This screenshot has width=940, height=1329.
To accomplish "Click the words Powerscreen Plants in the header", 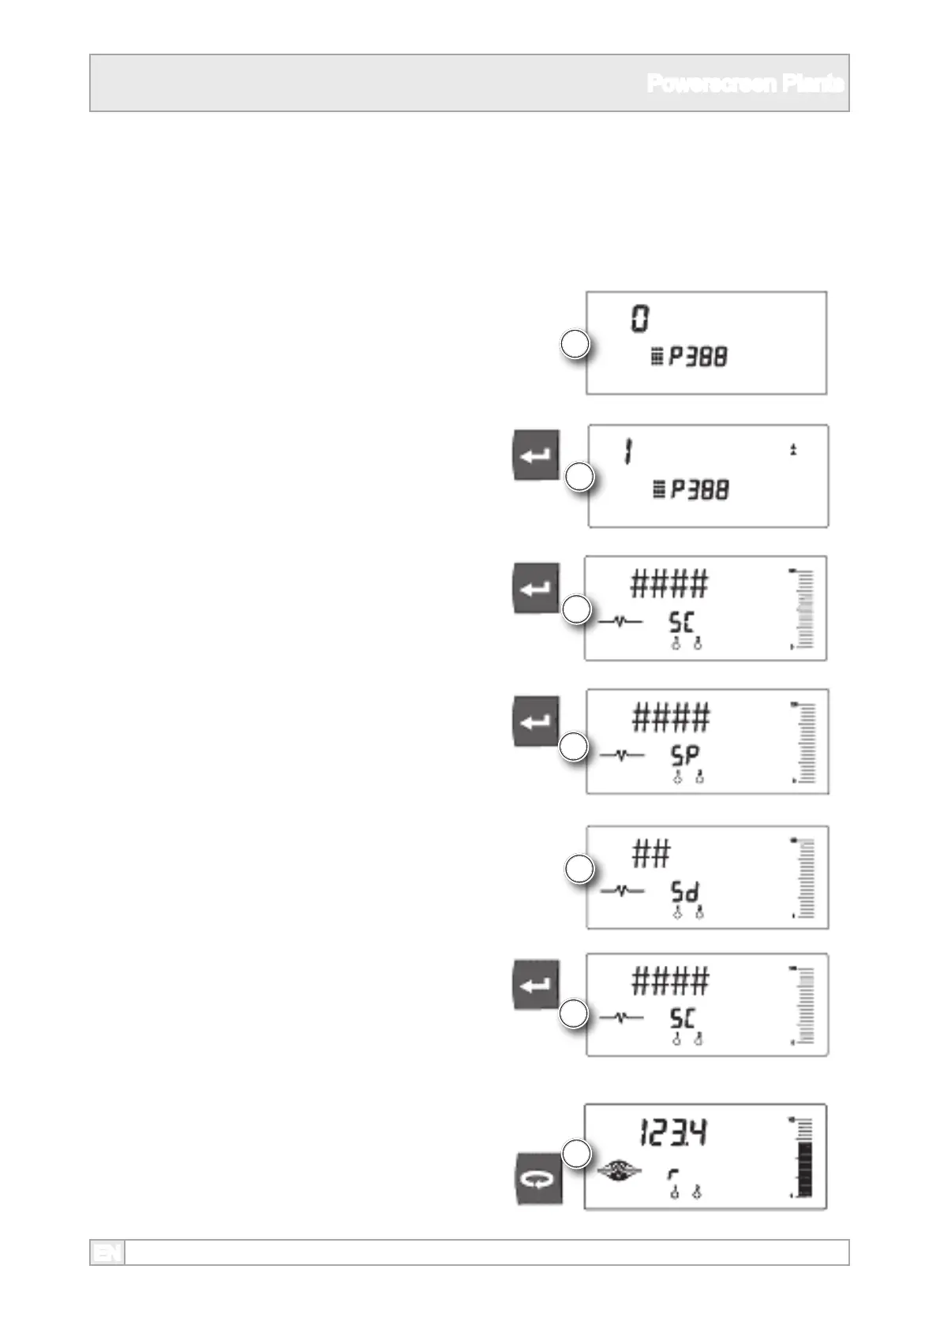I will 745,84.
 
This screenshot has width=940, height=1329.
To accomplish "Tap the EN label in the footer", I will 107,1252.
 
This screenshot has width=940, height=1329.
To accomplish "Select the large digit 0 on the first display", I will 640,319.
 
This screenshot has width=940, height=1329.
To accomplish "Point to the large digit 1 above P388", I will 627,452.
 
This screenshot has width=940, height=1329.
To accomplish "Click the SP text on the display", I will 685,756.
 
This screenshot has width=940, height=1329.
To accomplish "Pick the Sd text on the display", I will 685,892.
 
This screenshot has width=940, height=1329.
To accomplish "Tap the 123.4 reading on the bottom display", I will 673,1133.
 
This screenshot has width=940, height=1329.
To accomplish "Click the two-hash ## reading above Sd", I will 651,854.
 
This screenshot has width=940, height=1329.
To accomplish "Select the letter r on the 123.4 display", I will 673,1175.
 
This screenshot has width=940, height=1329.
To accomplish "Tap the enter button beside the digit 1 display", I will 537,455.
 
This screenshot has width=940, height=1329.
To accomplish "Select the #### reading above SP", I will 671,717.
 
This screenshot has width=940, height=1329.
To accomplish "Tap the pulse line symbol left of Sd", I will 622,891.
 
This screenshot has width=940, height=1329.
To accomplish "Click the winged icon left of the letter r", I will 619,1172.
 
